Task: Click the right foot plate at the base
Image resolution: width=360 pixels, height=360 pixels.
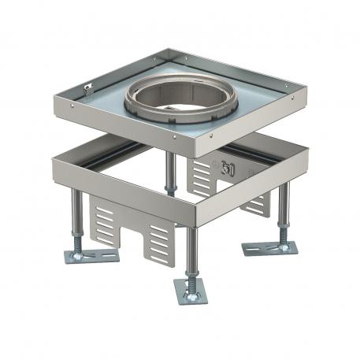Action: [x=269, y=248]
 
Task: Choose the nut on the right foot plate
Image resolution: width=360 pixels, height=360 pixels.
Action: [x=281, y=246]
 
